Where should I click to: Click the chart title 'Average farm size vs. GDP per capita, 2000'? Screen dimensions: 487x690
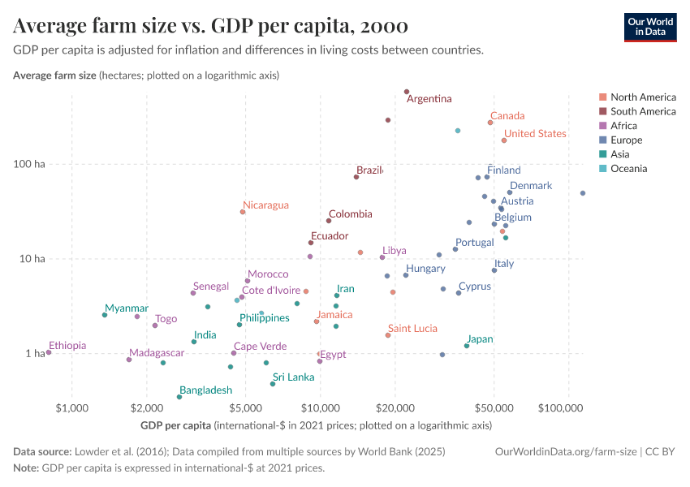(x=210, y=26)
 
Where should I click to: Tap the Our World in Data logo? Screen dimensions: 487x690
(x=650, y=26)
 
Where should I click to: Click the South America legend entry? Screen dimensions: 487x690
(x=642, y=111)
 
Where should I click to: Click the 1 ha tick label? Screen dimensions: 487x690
(x=33, y=354)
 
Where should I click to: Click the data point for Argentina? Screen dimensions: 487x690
(x=407, y=92)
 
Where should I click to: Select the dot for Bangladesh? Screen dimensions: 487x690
(x=179, y=397)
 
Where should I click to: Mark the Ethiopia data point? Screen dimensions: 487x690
(x=49, y=352)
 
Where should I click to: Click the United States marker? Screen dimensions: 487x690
(x=504, y=140)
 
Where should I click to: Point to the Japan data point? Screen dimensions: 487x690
(x=467, y=346)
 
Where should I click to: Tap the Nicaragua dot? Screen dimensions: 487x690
(x=243, y=212)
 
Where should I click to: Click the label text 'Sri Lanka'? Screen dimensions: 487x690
(x=293, y=377)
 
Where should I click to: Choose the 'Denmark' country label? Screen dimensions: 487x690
(x=531, y=186)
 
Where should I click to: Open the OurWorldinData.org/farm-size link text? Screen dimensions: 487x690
(x=566, y=451)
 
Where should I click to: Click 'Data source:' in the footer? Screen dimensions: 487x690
(x=41, y=451)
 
